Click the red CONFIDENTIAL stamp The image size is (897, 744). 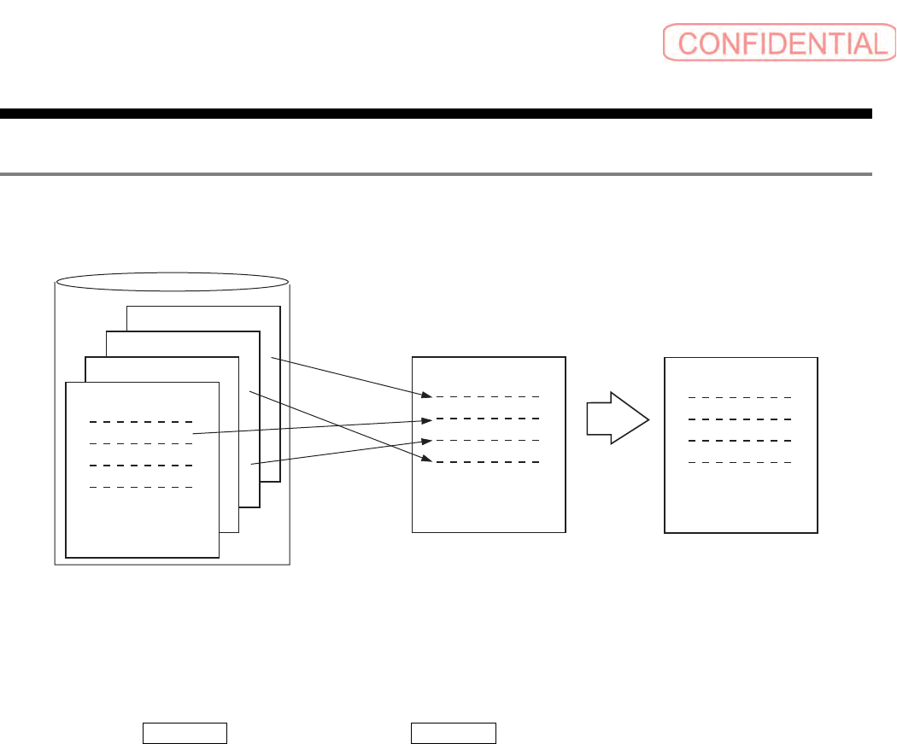[775, 42]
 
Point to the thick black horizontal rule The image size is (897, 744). [436, 113]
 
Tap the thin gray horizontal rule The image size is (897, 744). [436, 174]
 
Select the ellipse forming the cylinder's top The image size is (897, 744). [172, 282]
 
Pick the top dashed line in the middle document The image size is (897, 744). [487, 396]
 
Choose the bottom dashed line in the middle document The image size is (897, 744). [487, 462]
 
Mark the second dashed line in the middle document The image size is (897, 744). [487, 418]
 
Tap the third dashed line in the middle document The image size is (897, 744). [487, 440]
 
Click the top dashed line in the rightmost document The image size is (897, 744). [740, 397]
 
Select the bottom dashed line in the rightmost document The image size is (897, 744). [740, 462]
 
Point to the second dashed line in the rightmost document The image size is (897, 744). [740, 419]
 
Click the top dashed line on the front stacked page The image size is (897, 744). [141, 422]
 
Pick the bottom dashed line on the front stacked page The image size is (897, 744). [141, 487]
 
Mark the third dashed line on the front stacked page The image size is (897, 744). [141, 466]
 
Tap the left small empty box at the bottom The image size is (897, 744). [184, 734]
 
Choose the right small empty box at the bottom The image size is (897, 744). [454, 734]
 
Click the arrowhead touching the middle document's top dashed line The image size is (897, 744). [425, 395]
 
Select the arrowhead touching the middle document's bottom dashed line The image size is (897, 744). [425, 460]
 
